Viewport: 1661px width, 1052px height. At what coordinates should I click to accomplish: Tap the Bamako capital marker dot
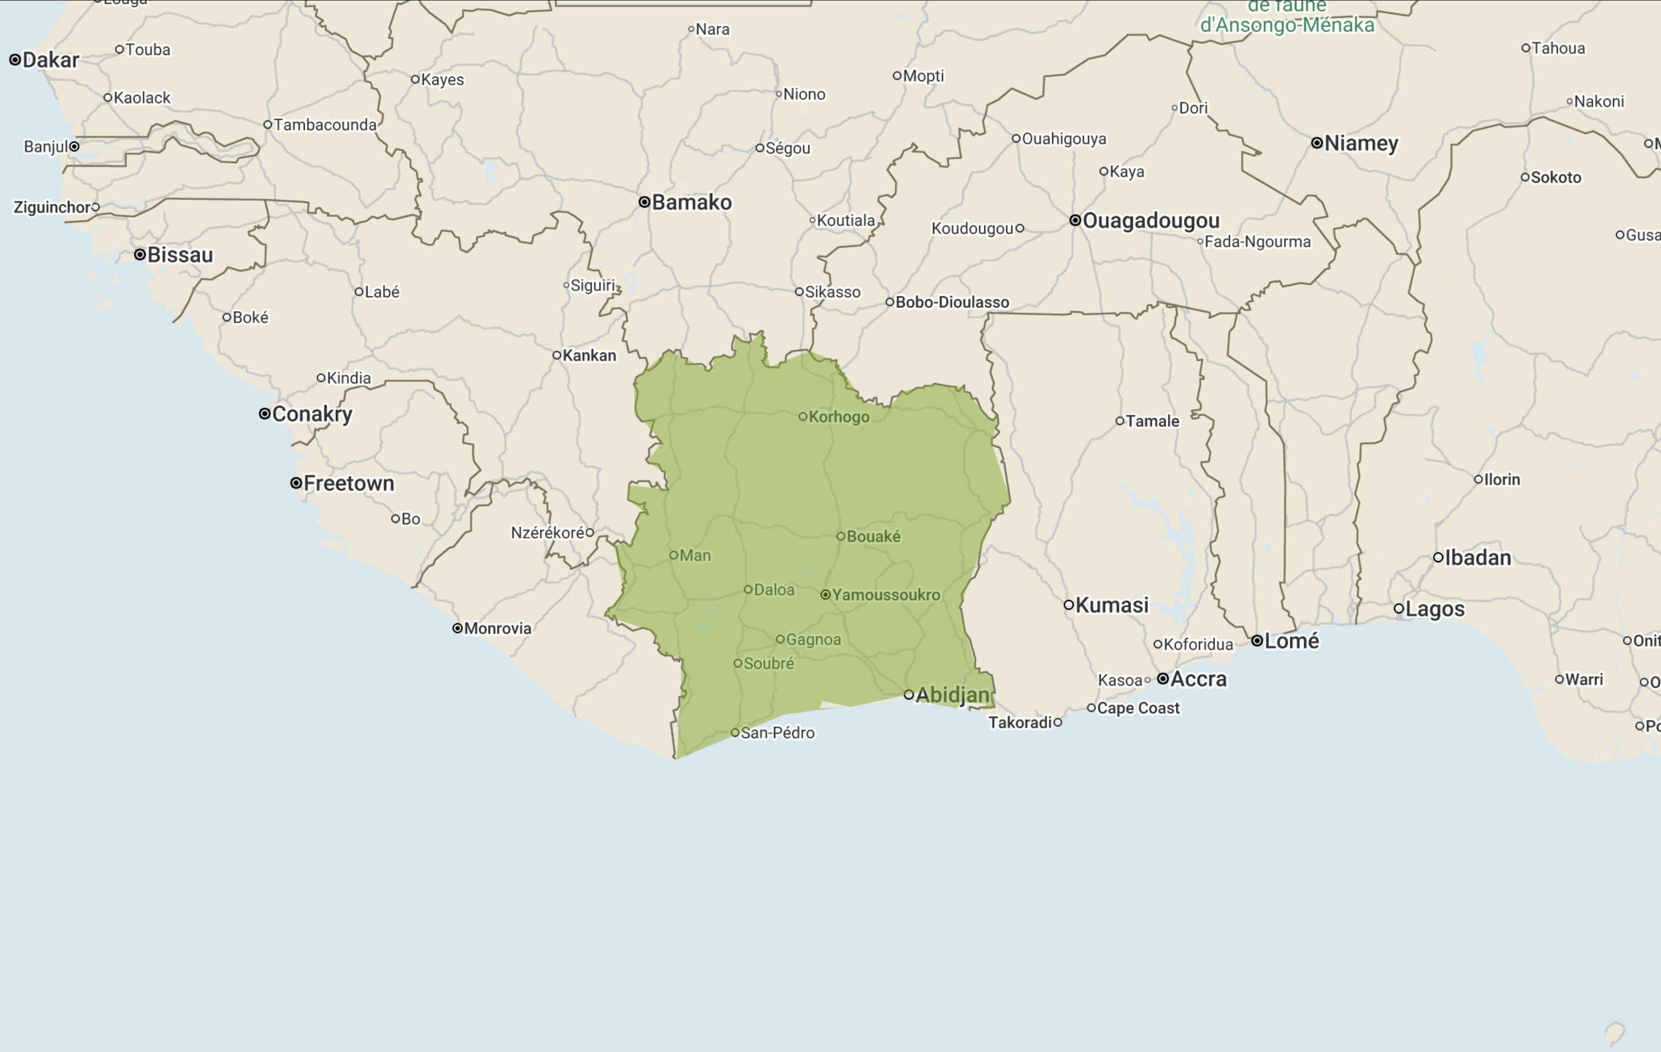(x=644, y=202)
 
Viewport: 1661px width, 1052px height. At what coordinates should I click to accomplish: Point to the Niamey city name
(x=1361, y=144)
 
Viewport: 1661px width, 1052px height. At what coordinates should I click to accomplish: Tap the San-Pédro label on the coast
(x=777, y=733)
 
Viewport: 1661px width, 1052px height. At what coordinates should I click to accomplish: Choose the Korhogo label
(x=839, y=417)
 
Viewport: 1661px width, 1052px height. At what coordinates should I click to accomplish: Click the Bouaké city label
(x=873, y=536)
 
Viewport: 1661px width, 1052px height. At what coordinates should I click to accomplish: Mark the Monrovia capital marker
(x=457, y=628)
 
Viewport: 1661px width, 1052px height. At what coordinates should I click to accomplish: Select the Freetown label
(x=349, y=483)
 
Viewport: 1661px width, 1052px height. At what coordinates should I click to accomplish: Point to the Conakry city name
(x=313, y=414)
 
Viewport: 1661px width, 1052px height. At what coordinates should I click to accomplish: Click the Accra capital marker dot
(x=1163, y=678)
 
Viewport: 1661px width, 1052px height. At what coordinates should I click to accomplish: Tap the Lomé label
(x=1292, y=641)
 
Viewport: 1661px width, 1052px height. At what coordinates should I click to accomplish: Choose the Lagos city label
(x=1435, y=609)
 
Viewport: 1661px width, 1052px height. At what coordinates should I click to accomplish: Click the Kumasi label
(x=1112, y=605)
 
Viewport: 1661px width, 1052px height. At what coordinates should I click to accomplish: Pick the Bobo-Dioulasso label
(x=952, y=302)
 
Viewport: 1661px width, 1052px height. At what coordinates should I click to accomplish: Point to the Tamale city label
(x=1152, y=421)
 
